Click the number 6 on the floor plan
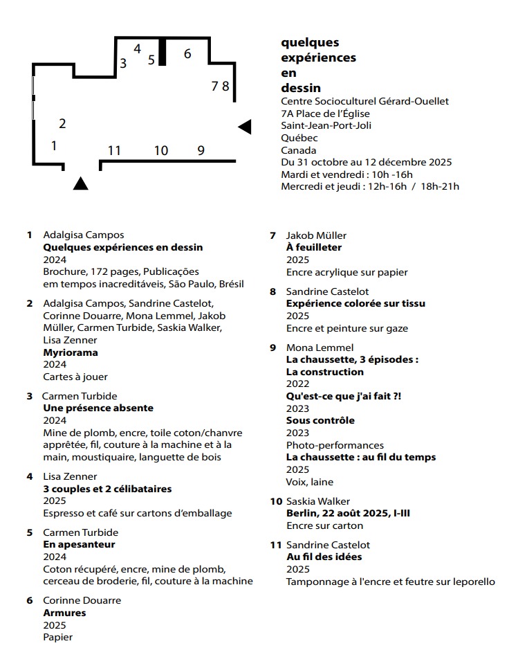[187, 53]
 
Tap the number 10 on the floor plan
[160, 150]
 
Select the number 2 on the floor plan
[62, 124]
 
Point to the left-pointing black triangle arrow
[245, 127]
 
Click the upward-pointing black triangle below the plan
[80, 183]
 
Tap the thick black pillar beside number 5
[163, 52]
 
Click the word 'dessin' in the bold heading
[301, 88]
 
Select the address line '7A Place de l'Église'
[325, 114]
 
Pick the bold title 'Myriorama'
[71, 352]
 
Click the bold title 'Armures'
[64, 613]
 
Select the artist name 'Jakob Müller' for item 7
[316, 235]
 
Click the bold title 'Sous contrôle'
[320, 420]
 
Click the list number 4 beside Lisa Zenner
[30, 476]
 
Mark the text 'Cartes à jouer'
[75, 377]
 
